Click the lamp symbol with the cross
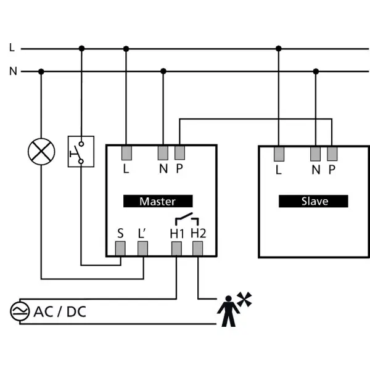pos(41,152)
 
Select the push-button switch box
pos(81,152)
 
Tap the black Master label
pos(158,201)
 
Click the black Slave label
pos(313,201)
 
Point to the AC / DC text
pos(60,311)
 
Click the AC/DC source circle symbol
pos(20,311)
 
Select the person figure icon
pos(228,311)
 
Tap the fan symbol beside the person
pos(244,299)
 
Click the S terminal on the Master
pos(120,249)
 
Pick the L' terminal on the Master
pos(143,249)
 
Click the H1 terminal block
pos(176,249)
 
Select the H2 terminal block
pos(198,249)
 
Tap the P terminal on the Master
pos(179,153)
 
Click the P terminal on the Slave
pos(332,154)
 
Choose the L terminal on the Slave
pos(279,154)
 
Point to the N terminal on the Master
pos(163,153)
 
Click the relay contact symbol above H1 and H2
pos(187,219)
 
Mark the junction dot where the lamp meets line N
pos(41,72)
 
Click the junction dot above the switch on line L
pos(81,49)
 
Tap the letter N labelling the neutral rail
pos(13,71)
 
